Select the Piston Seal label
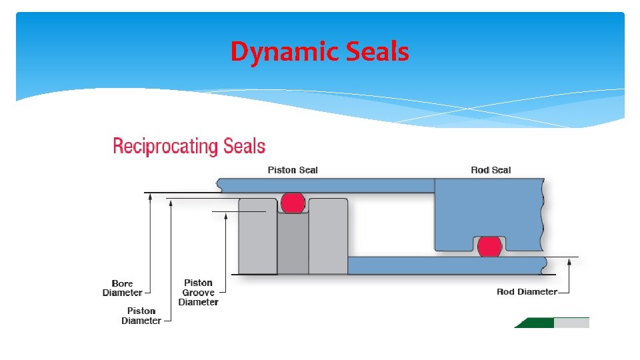click(293, 170)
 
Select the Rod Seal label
click(491, 170)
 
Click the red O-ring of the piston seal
click(293, 203)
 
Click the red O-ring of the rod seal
click(490, 246)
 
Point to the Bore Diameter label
click(123, 288)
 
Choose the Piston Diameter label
click(141, 315)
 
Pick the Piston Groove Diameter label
click(198, 292)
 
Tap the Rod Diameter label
click(527, 292)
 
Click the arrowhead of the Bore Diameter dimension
click(151, 197)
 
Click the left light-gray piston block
click(257, 237)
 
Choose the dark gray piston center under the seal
click(293, 243)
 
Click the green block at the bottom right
click(533, 323)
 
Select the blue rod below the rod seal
click(447, 265)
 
